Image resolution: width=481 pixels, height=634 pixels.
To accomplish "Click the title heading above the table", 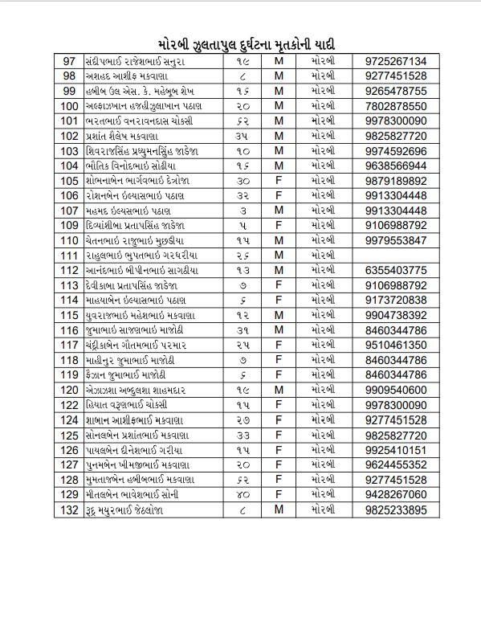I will pyautogui.click(x=240, y=43).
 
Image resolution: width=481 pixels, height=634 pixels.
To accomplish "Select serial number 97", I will pyautogui.click(x=68, y=62).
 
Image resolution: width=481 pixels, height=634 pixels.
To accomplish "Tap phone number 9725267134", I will pyautogui.click(x=394, y=62).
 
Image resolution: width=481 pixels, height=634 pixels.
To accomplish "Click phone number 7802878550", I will pyautogui.click(x=394, y=106).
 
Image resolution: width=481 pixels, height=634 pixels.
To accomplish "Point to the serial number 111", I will pyautogui.click(x=68, y=255).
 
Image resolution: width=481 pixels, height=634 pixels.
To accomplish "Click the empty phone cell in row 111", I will pyautogui.click(x=394, y=255).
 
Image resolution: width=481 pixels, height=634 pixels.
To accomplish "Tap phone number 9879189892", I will pyautogui.click(x=394, y=181).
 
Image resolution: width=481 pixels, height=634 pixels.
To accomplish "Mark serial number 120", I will pyautogui.click(x=68, y=389).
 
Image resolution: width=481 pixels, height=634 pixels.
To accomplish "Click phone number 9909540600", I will pyautogui.click(x=394, y=389).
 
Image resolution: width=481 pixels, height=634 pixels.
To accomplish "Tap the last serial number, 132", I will pyautogui.click(x=68, y=509).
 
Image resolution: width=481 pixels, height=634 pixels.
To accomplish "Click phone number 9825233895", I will pyautogui.click(x=394, y=509).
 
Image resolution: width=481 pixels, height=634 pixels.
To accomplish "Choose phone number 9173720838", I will pyautogui.click(x=394, y=300).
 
